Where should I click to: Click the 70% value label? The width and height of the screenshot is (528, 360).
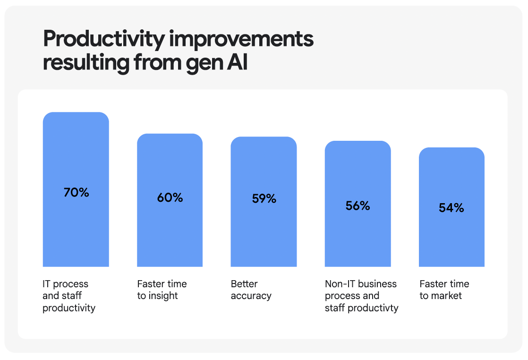click(x=76, y=193)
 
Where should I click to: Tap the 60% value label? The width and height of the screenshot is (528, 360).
click(x=170, y=197)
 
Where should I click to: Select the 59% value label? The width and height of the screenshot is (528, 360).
click(x=264, y=199)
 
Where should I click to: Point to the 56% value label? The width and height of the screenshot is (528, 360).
click(x=358, y=206)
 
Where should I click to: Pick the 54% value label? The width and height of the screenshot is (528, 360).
click(x=451, y=208)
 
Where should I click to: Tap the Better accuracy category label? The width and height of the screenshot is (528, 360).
click(x=251, y=290)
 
